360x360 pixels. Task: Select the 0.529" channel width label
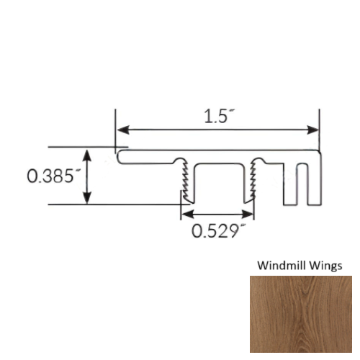tap(215, 232)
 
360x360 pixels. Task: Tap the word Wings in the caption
tap(325, 265)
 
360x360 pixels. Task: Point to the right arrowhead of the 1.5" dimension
tap(314, 130)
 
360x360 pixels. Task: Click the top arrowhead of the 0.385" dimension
tap(88, 153)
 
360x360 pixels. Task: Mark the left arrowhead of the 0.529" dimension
tap(184, 215)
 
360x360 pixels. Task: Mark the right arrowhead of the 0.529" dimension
tap(250, 215)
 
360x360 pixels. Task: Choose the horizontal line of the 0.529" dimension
tap(217, 215)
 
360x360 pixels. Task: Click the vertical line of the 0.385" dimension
tap(88, 176)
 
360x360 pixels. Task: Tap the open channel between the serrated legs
tap(217, 186)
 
